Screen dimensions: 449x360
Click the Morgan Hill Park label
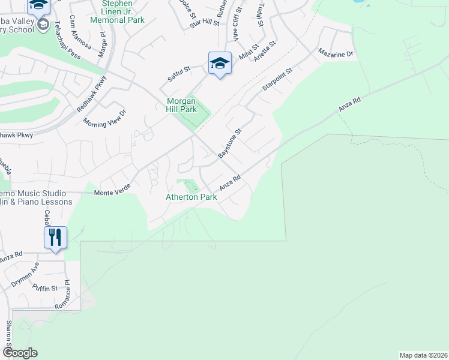tap(181, 105)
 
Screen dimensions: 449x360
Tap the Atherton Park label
tap(191, 197)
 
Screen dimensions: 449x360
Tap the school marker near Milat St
tap(220, 63)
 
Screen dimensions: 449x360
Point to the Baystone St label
tap(229, 143)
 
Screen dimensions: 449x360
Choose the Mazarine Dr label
tap(337, 54)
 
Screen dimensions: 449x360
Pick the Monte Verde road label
tap(112, 193)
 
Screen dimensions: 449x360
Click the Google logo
tap(19, 353)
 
